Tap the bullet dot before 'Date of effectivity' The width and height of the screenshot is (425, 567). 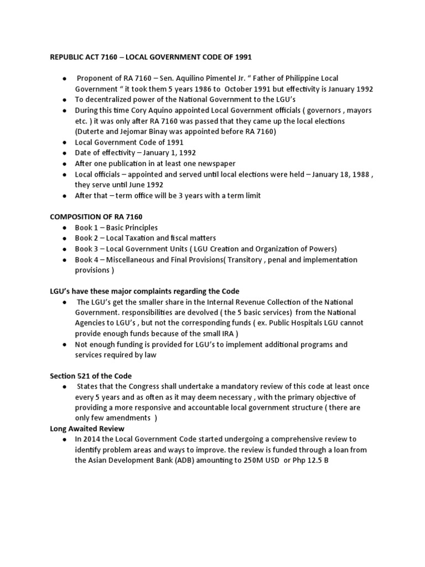pos(65,153)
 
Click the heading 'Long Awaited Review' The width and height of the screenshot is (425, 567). pos(87,429)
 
